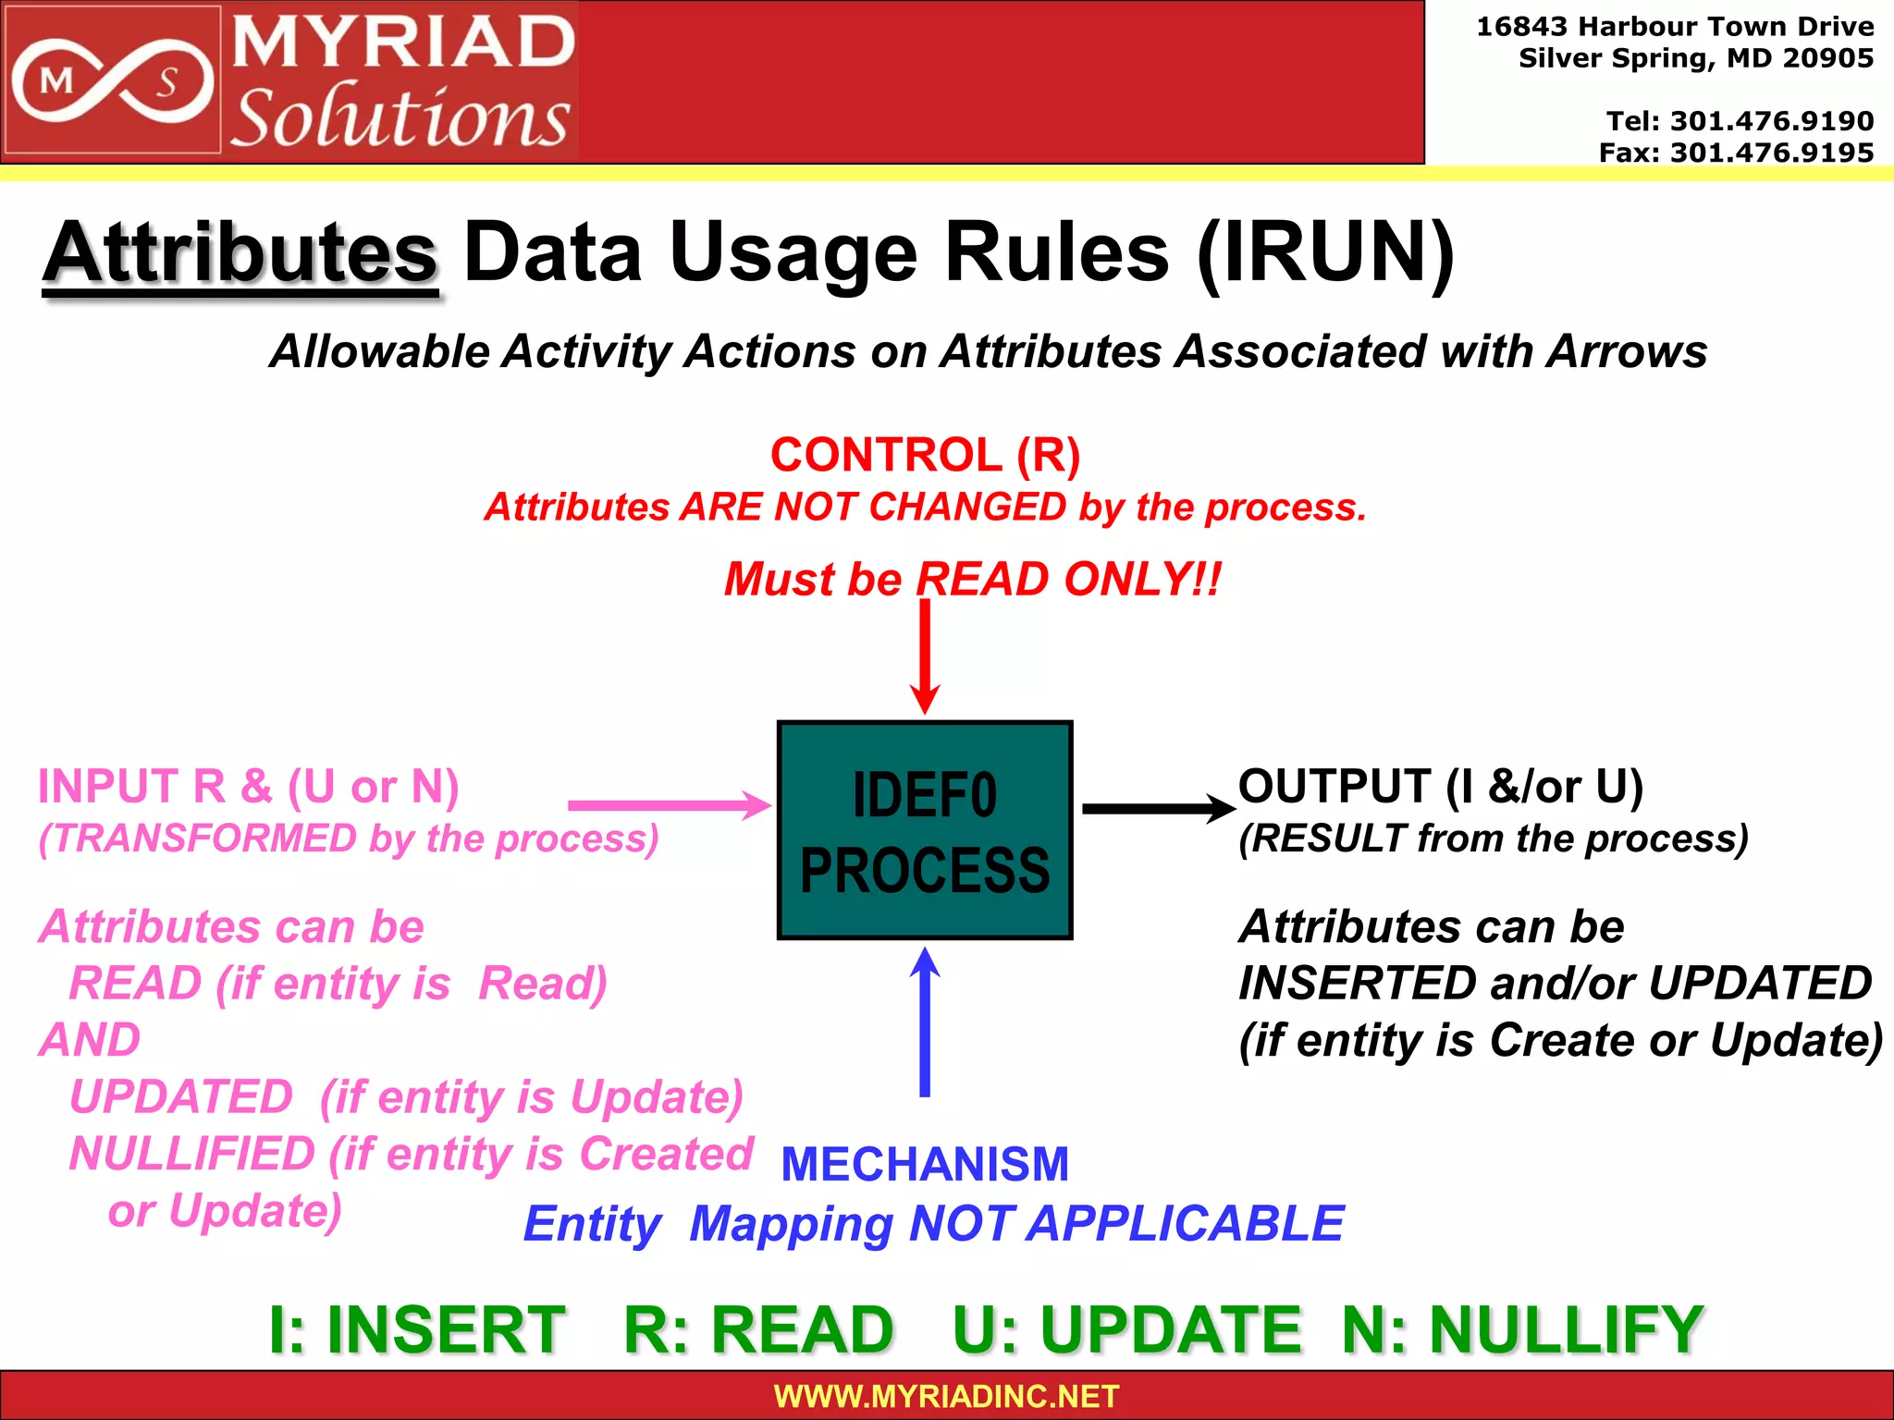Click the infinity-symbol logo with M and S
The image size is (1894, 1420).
click(x=111, y=81)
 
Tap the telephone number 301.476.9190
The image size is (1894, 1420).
click(x=1771, y=121)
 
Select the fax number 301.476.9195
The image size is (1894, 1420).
click(x=1771, y=153)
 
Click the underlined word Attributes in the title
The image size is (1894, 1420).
click(x=240, y=252)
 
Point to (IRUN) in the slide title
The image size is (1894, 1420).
click(x=1325, y=252)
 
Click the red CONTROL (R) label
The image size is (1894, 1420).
click(x=925, y=455)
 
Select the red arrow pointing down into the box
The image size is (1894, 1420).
click(x=925, y=656)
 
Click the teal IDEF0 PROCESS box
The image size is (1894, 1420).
click(x=925, y=830)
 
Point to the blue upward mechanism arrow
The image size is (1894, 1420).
click(x=925, y=1022)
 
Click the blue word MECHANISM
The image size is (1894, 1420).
click(x=925, y=1164)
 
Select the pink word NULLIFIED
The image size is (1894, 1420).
click(x=192, y=1154)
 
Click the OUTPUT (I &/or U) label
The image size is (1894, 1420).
click(x=1440, y=787)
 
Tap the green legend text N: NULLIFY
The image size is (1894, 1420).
click(x=1522, y=1329)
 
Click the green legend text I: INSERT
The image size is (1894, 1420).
click(x=417, y=1329)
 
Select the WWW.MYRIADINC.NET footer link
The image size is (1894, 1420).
click(x=946, y=1396)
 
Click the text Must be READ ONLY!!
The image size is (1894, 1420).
click(x=972, y=580)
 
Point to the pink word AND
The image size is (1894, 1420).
click(x=90, y=1040)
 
